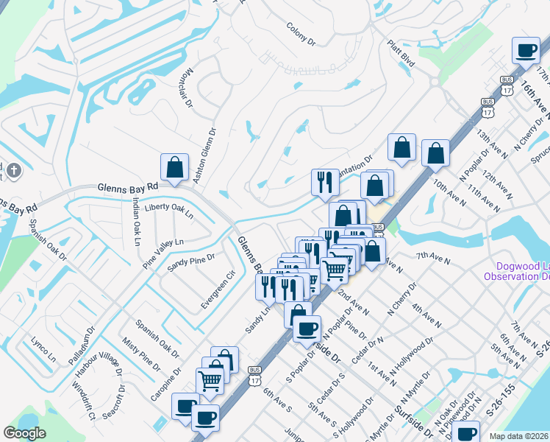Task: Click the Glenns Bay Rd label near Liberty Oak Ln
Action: click(x=128, y=189)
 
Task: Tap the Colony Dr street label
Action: click(x=301, y=35)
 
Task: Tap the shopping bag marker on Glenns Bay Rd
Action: click(x=174, y=168)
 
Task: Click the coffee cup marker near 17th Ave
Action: click(x=526, y=51)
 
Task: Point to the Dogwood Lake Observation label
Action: click(x=515, y=270)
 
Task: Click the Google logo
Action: click(x=24, y=433)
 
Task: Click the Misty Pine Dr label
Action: click(x=140, y=352)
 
